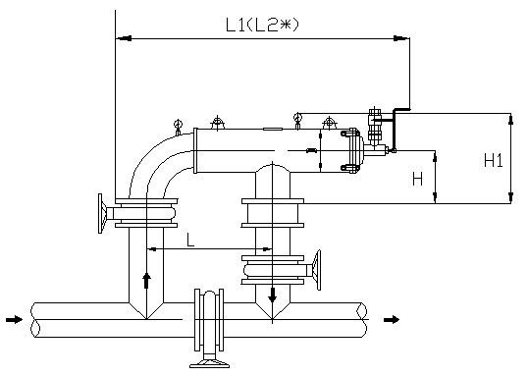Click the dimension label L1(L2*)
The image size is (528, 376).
[x=262, y=25]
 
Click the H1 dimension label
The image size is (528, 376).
[x=494, y=160]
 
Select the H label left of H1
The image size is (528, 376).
[x=417, y=179]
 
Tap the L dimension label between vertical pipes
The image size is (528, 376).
[x=190, y=240]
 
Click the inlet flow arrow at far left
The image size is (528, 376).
[x=14, y=319]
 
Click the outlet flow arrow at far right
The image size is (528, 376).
[x=392, y=319]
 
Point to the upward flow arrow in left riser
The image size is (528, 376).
[x=146, y=281]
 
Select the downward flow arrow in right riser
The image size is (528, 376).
[x=273, y=295]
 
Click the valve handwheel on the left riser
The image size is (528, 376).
[x=101, y=213]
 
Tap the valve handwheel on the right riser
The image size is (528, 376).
[x=317, y=270]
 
